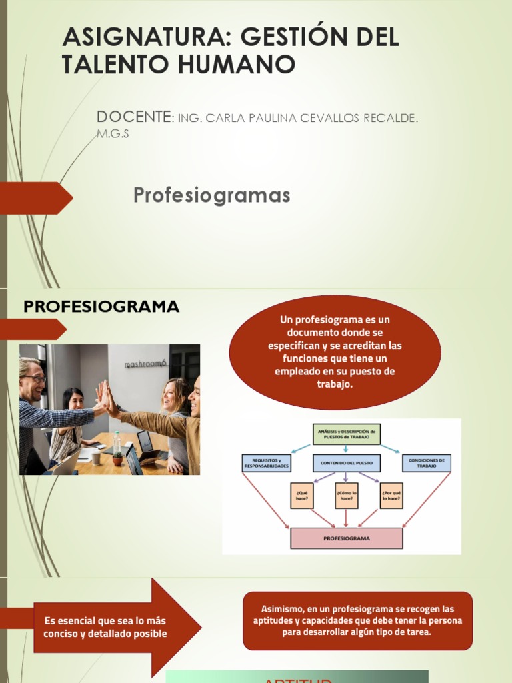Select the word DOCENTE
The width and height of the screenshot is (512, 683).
click(133, 117)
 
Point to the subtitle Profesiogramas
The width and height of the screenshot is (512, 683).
click(212, 195)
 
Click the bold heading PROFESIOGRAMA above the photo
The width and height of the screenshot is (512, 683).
click(101, 307)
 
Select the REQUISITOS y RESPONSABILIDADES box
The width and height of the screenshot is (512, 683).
click(266, 464)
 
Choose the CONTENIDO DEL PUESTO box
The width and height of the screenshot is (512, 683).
click(346, 462)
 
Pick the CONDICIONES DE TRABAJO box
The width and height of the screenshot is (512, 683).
click(426, 464)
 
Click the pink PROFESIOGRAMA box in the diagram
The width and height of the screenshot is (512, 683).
click(346, 538)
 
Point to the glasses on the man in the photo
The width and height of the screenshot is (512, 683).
click(35, 378)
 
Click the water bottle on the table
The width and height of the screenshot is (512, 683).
click(117, 444)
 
